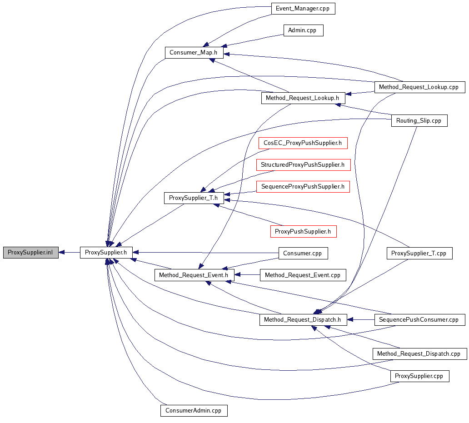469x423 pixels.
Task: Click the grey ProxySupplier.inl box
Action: click(30, 253)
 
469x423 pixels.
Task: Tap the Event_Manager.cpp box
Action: click(302, 8)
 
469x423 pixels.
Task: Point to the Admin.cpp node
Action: click(303, 30)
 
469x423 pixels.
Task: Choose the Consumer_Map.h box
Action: click(193, 52)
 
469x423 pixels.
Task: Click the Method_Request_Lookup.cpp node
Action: click(419, 87)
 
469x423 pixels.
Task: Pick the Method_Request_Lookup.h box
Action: click(303, 98)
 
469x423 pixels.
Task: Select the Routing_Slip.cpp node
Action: click(419, 120)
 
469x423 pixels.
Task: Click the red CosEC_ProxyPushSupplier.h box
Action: click(303, 143)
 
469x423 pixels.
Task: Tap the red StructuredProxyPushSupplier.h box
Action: click(303, 165)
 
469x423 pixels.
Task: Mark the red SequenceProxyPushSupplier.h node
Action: click(303, 186)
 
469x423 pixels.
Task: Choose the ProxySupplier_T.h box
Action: click(193, 198)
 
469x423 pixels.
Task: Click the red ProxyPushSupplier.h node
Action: click(303, 231)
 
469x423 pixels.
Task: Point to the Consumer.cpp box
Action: click(303, 253)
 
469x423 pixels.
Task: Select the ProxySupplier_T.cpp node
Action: click(419, 253)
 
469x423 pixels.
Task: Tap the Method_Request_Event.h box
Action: click(194, 275)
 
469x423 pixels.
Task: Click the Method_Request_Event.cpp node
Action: click(303, 275)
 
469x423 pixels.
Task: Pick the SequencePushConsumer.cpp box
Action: click(419, 319)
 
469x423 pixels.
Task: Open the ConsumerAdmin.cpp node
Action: click(194, 410)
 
